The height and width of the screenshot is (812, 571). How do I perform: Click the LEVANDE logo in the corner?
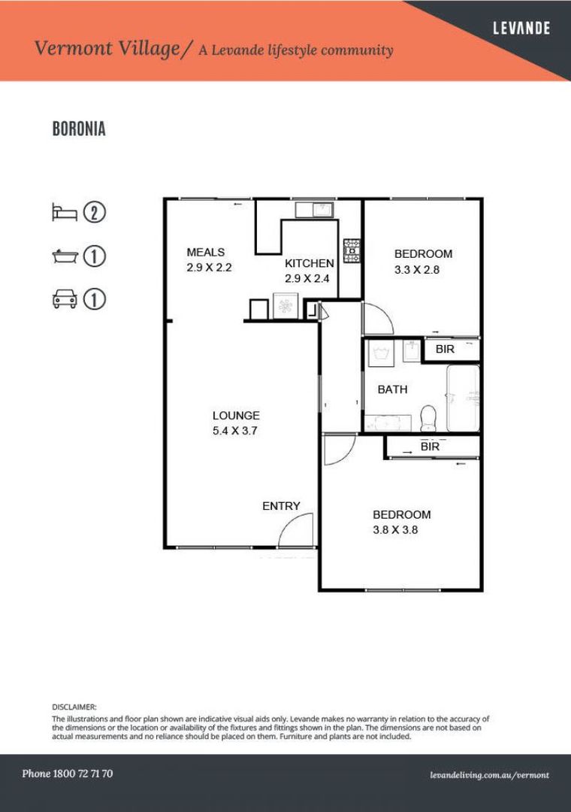pyautogui.click(x=521, y=29)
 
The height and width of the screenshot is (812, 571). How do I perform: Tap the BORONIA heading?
pyautogui.click(x=79, y=129)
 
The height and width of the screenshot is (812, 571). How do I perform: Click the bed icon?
pyautogui.click(x=65, y=212)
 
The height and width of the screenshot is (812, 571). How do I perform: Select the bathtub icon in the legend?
pyautogui.click(x=65, y=256)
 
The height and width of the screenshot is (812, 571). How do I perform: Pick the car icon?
pyautogui.click(x=65, y=299)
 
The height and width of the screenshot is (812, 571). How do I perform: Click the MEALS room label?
pyautogui.click(x=206, y=253)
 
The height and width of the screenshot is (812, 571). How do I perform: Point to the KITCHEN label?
pyautogui.click(x=309, y=263)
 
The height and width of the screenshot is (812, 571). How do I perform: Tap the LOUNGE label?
pyautogui.click(x=236, y=415)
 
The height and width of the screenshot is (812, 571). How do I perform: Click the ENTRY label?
pyautogui.click(x=281, y=506)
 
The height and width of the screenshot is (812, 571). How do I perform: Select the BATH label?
pyautogui.click(x=392, y=389)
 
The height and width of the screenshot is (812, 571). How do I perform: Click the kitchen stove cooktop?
pyautogui.click(x=352, y=250)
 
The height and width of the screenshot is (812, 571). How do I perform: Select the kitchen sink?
pyautogui.click(x=314, y=208)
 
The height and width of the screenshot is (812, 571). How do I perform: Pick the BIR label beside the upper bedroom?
pyautogui.click(x=445, y=349)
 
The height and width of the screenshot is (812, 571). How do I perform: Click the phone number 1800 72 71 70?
pyautogui.click(x=68, y=774)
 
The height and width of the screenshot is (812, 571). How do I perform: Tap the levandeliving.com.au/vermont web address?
pyautogui.click(x=489, y=774)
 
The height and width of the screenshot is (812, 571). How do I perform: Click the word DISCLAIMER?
pyautogui.click(x=74, y=707)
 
